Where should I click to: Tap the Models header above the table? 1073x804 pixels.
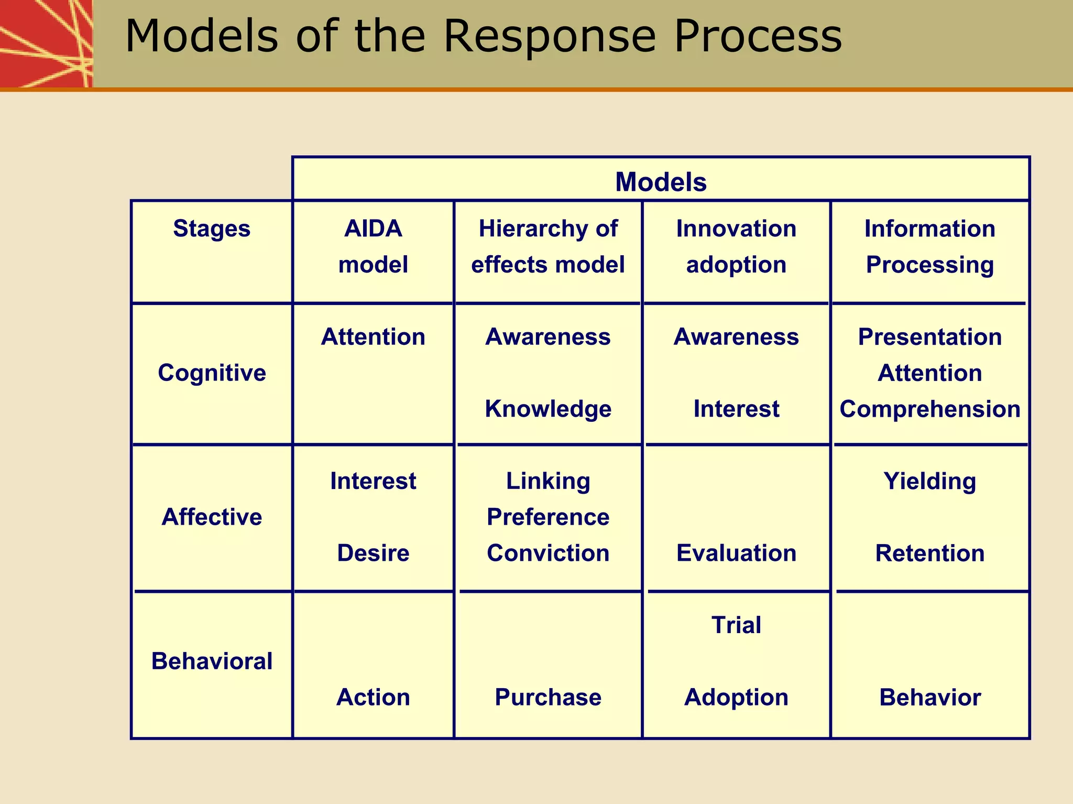[x=661, y=182]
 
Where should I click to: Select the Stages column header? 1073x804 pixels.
[x=212, y=229]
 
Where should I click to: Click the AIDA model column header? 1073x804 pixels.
[x=373, y=246]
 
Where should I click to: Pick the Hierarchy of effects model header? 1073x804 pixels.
[x=548, y=246]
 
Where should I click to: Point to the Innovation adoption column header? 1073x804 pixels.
[x=736, y=246]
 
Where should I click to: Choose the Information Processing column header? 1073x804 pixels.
[x=929, y=246]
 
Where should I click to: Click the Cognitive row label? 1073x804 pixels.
[x=212, y=373]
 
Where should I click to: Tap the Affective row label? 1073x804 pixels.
[x=212, y=517]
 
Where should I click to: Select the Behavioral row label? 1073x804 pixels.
[x=212, y=661]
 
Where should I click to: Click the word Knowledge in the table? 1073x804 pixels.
[x=548, y=409]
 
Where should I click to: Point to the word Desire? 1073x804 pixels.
[x=373, y=553]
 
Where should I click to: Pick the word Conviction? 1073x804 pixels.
[x=548, y=553]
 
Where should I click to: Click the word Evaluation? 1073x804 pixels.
[x=736, y=553]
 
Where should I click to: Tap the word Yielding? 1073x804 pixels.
[x=929, y=481]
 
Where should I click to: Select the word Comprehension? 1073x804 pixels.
[x=929, y=409]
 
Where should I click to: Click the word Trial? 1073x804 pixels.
[x=736, y=625]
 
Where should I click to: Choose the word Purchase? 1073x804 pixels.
[x=548, y=697]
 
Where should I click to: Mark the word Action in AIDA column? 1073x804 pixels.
[x=373, y=697]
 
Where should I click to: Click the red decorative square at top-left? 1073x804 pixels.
[x=46, y=43]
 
